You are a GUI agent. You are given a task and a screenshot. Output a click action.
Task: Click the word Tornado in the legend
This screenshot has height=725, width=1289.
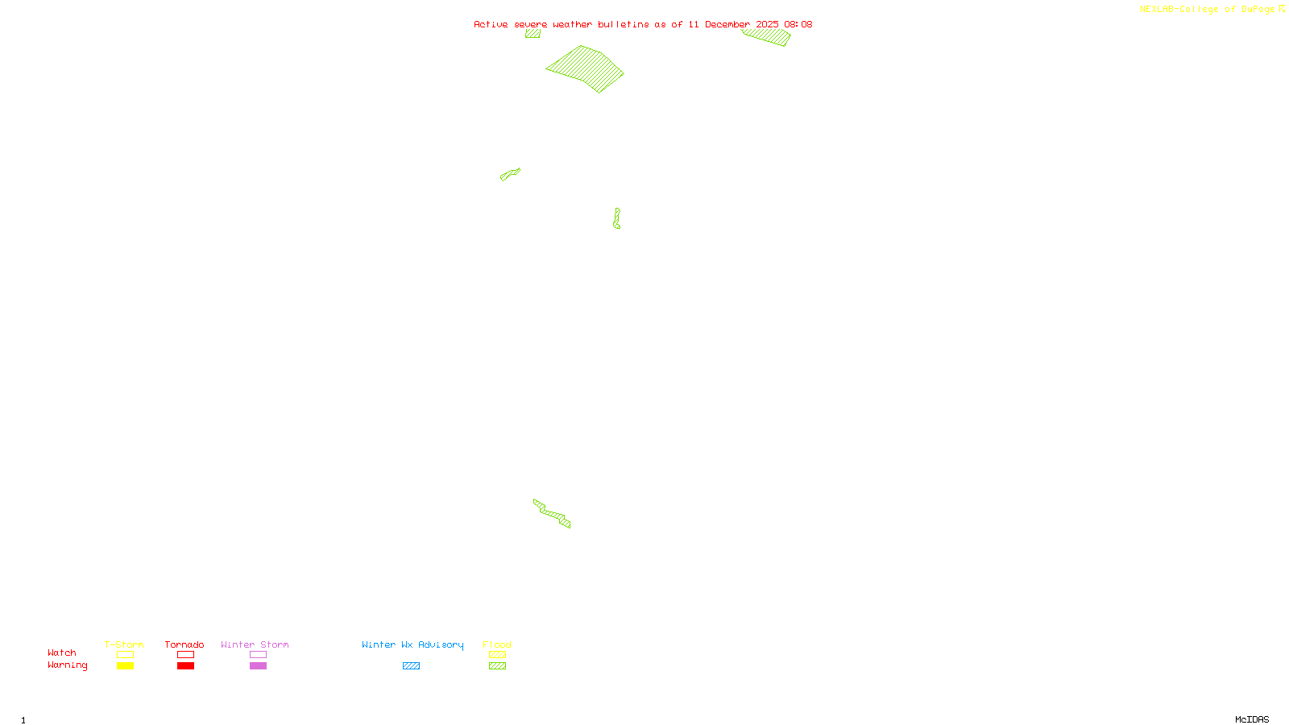184,644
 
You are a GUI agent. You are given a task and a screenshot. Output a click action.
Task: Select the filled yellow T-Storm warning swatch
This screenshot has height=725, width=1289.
125,666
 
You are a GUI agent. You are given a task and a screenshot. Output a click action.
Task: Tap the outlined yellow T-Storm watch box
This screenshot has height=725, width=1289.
125,655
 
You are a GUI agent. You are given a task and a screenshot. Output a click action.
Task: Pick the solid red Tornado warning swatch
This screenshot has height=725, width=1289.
185,666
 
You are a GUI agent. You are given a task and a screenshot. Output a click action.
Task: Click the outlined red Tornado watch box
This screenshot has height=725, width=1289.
185,655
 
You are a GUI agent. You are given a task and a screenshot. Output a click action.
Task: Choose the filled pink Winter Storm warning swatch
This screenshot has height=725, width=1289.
258,666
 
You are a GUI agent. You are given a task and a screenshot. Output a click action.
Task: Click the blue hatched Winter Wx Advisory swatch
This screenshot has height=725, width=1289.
411,666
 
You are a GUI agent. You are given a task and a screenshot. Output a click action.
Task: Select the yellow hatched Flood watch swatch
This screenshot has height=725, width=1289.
497,655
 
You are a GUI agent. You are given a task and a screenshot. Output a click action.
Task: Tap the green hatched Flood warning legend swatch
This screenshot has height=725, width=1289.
497,666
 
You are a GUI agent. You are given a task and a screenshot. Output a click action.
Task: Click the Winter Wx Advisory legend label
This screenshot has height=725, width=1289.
412,644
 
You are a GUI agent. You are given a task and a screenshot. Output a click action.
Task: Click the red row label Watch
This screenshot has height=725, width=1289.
62,652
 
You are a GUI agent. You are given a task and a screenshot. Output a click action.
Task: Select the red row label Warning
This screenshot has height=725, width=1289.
67,665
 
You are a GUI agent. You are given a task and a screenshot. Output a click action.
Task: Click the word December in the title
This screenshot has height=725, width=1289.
727,24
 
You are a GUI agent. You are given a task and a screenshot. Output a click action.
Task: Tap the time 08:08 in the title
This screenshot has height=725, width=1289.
798,24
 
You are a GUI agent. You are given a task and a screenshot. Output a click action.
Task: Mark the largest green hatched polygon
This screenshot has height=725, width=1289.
586,69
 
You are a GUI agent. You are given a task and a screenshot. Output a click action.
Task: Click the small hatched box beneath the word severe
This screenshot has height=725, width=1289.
533,34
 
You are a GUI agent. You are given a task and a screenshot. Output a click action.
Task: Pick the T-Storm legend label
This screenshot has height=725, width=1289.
124,644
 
